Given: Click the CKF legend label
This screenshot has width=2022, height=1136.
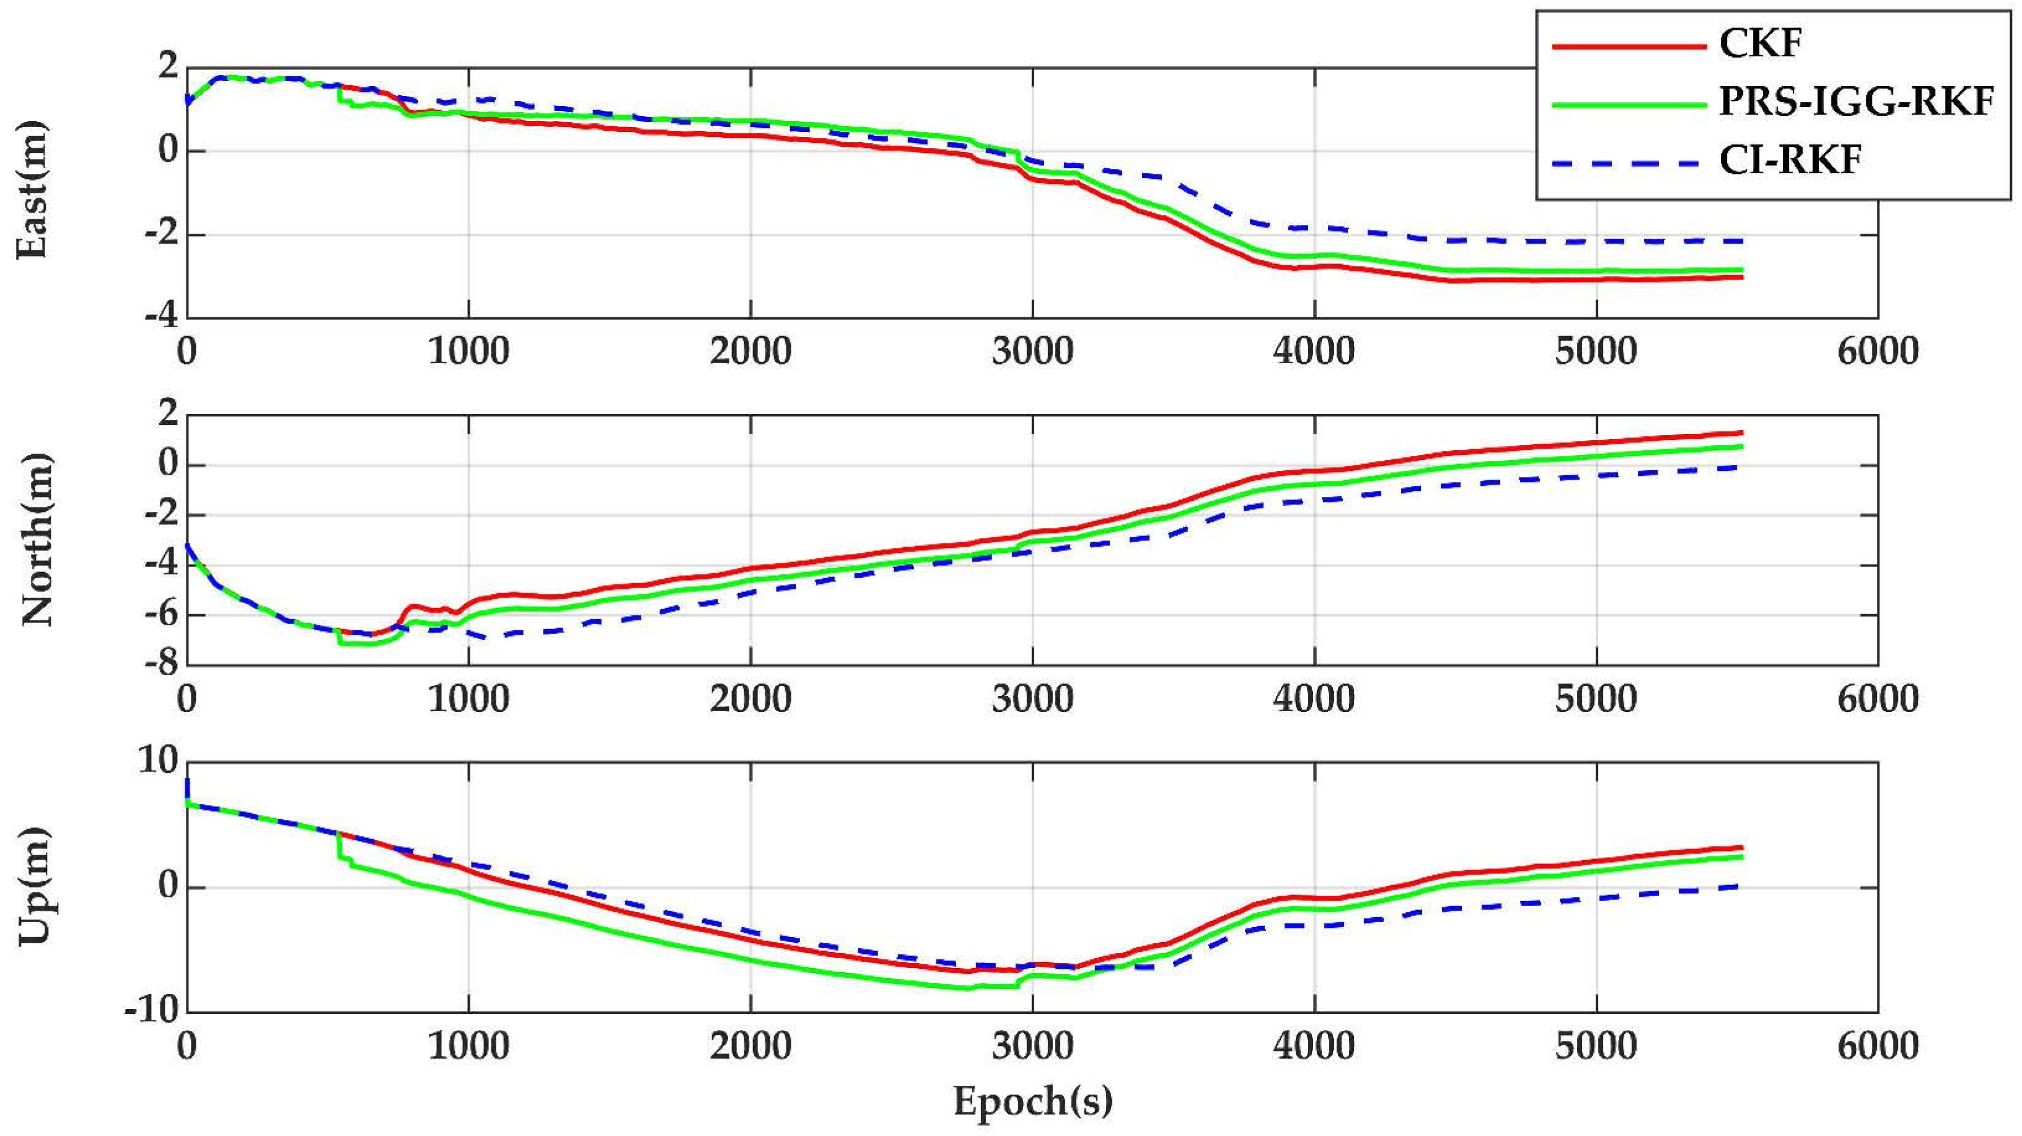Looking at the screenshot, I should click(1760, 44).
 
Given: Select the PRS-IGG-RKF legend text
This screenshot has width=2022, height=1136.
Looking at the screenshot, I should click(1857, 102).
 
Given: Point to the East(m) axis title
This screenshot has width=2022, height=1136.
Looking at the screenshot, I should click(33, 190).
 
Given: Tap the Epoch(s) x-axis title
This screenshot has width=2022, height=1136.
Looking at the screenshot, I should click(1032, 1101).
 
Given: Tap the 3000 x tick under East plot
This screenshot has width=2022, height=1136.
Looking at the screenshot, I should click(1032, 351).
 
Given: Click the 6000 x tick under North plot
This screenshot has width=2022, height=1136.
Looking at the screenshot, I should click(1877, 698).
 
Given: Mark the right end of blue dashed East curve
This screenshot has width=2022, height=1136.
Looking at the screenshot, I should click(1741, 240).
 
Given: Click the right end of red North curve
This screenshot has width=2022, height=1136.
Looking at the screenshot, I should click(1741, 433).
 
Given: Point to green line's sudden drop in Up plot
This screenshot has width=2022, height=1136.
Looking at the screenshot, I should click(339, 847).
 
